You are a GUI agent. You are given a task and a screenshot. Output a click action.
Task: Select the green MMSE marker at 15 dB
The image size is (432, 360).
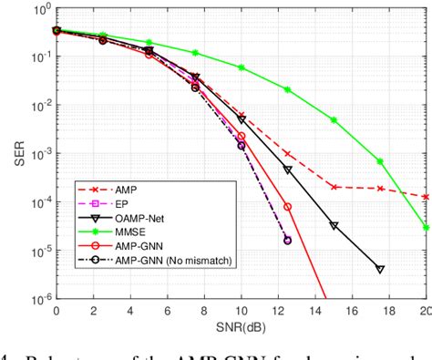[334, 120]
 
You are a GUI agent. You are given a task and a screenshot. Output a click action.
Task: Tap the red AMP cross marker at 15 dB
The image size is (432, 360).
[334, 187]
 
